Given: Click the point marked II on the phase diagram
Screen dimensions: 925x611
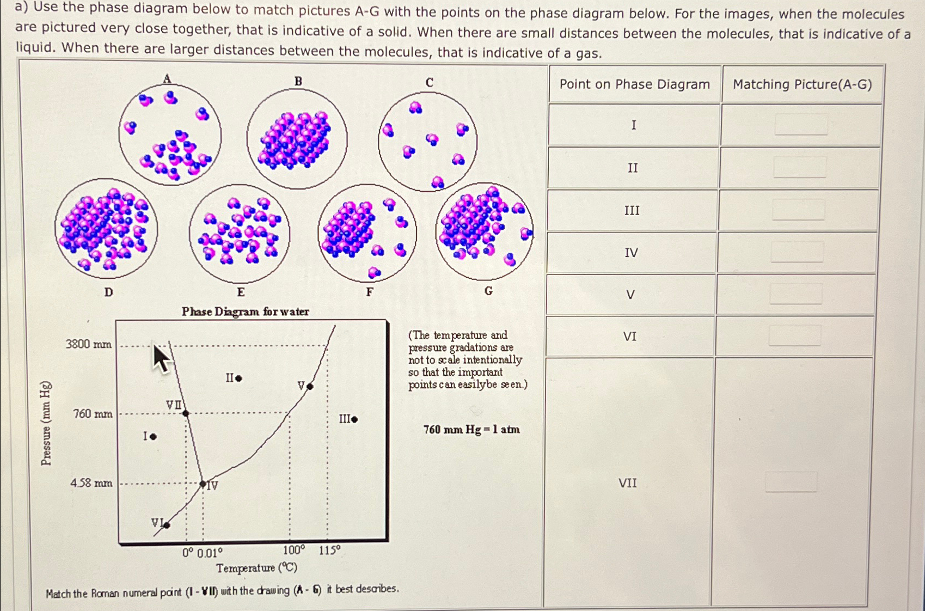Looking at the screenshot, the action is (x=238, y=378).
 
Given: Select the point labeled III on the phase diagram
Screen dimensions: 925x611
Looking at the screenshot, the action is (x=354, y=419).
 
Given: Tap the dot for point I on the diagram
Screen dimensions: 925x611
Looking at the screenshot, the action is (x=154, y=436).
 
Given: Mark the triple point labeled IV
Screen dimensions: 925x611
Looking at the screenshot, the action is (x=203, y=484).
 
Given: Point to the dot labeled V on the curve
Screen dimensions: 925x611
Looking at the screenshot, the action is (x=310, y=387).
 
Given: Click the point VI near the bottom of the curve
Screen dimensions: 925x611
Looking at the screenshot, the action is (x=167, y=525).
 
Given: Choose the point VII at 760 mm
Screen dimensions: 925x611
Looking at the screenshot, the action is (x=186, y=413).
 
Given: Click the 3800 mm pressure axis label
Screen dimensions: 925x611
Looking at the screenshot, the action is (x=89, y=344).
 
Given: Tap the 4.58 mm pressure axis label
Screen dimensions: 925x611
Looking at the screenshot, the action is (x=91, y=483).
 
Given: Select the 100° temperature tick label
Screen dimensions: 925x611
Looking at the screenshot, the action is (x=294, y=551).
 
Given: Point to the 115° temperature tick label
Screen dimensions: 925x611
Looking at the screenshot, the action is (x=329, y=551).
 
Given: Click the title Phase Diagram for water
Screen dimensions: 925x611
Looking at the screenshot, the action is (x=245, y=311).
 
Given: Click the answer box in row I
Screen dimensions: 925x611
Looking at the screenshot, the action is (x=800, y=125).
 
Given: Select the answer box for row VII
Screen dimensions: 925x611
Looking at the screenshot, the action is (x=791, y=482).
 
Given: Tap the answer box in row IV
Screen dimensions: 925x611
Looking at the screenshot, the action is (x=797, y=252).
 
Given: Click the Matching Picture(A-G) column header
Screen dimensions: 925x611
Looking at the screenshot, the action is (x=802, y=84).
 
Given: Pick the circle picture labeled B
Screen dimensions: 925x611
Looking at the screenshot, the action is (x=297, y=138).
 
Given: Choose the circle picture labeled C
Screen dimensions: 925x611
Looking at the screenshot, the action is (x=428, y=142).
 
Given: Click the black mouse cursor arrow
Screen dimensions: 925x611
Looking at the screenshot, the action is (x=161, y=359).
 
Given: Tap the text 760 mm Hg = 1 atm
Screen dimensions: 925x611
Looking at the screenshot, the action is (x=471, y=430).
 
